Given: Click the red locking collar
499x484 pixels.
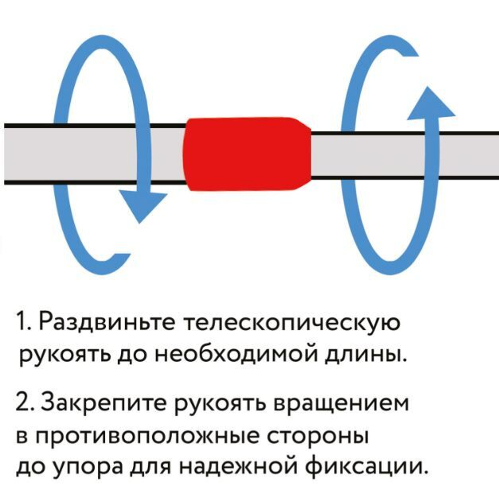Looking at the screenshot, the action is (x=247, y=154).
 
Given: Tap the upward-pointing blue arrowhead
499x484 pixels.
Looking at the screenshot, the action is (x=431, y=103).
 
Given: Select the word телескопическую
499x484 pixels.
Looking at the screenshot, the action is (x=292, y=323).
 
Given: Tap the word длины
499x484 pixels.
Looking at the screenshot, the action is (x=366, y=354).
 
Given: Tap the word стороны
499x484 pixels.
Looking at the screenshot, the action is (x=317, y=437).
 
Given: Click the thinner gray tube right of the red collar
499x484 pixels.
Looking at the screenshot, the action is (x=405, y=155).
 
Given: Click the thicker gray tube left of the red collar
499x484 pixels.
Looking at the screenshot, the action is (x=95, y=155).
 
